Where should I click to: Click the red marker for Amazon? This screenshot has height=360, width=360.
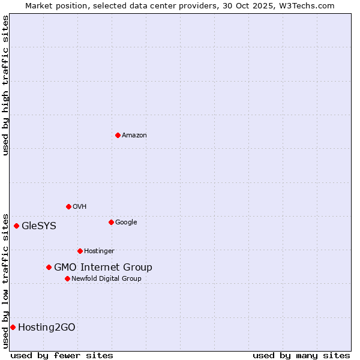click(118, 135)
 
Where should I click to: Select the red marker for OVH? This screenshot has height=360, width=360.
click(68, 206)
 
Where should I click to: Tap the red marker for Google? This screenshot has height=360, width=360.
click(111, 222)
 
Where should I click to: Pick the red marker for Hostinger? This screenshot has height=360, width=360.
click(80, 251)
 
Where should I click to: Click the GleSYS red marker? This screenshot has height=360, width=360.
click(16, 226)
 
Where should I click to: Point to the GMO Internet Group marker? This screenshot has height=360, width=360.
click(49, 267)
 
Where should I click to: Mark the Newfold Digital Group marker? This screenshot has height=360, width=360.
click(67, 278)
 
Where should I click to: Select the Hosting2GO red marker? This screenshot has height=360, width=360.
click(13, 327)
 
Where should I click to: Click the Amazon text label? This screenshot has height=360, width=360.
click(134, 136)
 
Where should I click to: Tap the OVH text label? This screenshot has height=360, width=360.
click(80, 207)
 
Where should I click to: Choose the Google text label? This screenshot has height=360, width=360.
click(126, 223)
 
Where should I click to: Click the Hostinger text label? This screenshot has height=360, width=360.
click(99, 251)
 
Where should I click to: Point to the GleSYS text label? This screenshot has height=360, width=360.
click(39, 226)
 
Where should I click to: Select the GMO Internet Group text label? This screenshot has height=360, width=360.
click(103, 268)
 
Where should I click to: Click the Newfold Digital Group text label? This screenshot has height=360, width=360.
click(106, 279)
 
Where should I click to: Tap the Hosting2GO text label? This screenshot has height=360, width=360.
click(47, 328)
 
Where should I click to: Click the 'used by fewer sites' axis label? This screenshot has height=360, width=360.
click(62, 355)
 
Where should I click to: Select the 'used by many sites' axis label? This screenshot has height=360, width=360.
click(301, 355)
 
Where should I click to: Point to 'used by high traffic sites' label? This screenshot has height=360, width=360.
click(5, 85)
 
